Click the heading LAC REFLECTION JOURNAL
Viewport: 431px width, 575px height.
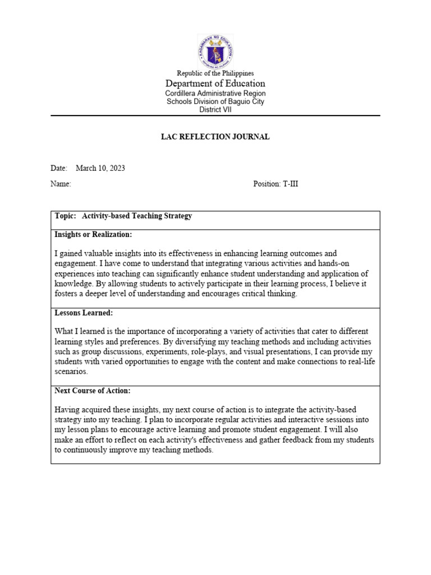215,137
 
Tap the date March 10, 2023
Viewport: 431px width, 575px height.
100,168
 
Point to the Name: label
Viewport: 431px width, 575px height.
61,184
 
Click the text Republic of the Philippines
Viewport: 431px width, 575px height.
215,73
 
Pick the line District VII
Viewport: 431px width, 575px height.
215,109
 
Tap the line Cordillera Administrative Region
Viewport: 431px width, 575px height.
215,93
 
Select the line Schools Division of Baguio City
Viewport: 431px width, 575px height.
215,102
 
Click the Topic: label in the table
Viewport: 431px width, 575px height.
66,216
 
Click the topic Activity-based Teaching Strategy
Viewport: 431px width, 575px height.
137,216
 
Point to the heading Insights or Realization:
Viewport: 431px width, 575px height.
93,234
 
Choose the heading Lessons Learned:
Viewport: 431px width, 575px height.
84,313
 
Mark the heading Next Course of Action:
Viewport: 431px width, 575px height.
93,390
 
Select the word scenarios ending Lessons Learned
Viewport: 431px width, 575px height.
71,372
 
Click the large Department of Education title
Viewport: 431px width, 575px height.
215,84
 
